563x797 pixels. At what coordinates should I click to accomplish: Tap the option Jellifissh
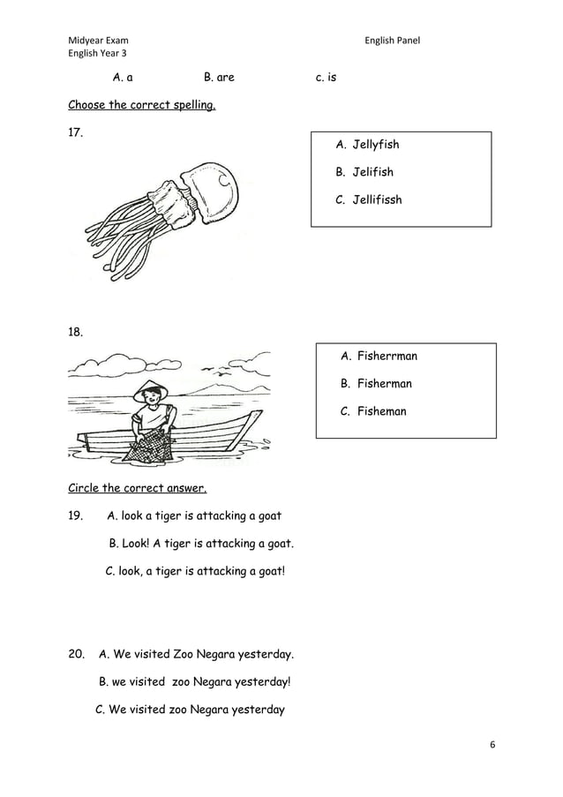pyautogui.click(x=377, y=199)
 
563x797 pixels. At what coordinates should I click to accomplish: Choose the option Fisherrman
pyautogui.click(x=387, y=357)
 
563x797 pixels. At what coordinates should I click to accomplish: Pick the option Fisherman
pyautogui.click(x=384, y=384)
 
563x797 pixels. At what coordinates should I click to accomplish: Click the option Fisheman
pyautogui.click(x=381, y=411)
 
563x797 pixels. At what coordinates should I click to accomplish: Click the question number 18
pyautogui.click(x=76, y=333)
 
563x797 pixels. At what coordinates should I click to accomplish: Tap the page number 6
pyautogui.click(x=492, y=744)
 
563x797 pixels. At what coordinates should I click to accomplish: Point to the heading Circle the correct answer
pyautogui.click(x=137, y=488)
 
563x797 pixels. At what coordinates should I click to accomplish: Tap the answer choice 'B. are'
pyautogui.click(x=219, y=78)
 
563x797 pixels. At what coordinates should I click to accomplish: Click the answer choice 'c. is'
pyautogui.click(x=326, y=78)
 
